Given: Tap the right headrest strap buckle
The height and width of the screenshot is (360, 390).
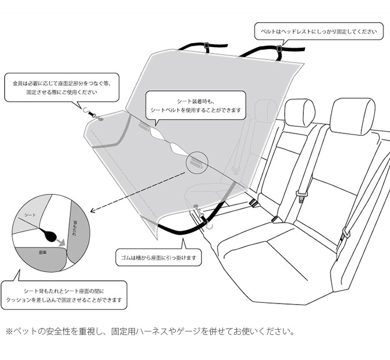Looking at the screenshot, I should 279,50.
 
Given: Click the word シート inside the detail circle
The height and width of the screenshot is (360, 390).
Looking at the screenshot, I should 30,215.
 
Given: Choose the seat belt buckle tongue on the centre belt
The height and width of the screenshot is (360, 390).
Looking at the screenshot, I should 301,196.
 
